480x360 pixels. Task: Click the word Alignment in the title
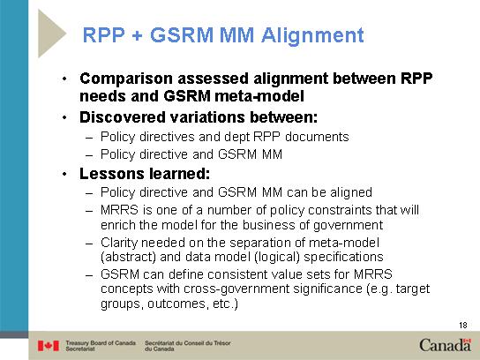pos(312,36)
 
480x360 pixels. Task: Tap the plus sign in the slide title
pos(138,36)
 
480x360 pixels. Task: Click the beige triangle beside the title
pos(52,34)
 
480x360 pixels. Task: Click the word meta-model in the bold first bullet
pos(259,96)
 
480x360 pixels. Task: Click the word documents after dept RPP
pos(317,137)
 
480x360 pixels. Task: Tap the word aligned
pos(351,193)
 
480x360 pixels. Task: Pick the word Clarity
pos(119,244)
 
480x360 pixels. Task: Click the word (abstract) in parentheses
pos(129,257)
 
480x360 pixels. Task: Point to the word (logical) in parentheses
pos(277,257)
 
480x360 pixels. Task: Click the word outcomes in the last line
pos(174,304)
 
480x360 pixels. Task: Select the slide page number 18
pos(463,325)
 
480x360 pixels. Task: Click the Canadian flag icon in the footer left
pos(49,346)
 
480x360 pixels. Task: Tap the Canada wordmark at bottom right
pos(445,345)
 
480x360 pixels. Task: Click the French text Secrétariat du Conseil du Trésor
pos(188,346)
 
